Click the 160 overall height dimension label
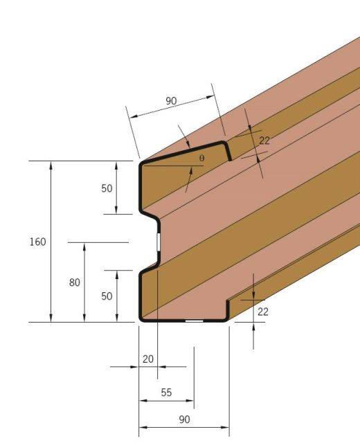coord(37,242)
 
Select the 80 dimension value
coord(75,282)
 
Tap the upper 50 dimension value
coord(107,188)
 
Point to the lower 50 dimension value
coord(107,296)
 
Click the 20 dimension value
coord(147,359)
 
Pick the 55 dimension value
coord(166,392)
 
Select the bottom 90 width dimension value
coord(184,419)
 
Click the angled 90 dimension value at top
coord(171,101)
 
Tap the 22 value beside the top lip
coord(264,141)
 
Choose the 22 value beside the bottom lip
coord(262,312)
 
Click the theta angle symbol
coord(201,159)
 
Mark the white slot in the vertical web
coord(158,242)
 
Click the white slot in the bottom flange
coord(194,321)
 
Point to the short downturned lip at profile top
coord(228,152)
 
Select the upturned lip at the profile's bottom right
coord(228,310)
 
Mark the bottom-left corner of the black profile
coord(141,319)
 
